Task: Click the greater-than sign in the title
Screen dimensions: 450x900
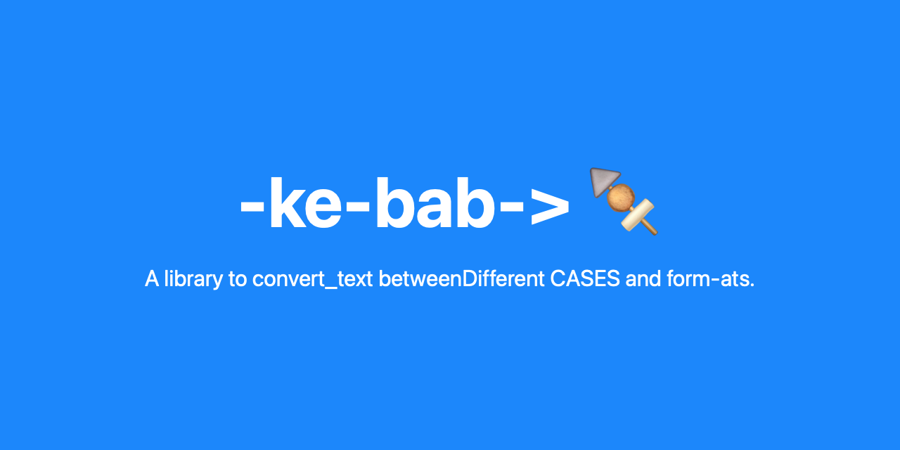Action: [549, 207]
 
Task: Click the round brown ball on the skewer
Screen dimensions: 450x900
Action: [621, 198]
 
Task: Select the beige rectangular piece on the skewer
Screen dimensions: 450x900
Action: [636, 214]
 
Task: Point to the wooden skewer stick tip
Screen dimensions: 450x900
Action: [652, 230]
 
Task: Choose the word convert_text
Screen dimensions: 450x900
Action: [312, 279]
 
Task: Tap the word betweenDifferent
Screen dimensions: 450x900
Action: [461, 279]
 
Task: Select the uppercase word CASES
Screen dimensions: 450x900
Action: [585, 279]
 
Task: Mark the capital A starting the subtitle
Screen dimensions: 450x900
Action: [151, 279]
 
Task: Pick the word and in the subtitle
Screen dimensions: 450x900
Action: [643, 279]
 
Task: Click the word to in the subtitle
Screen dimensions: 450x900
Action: [236, 279]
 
